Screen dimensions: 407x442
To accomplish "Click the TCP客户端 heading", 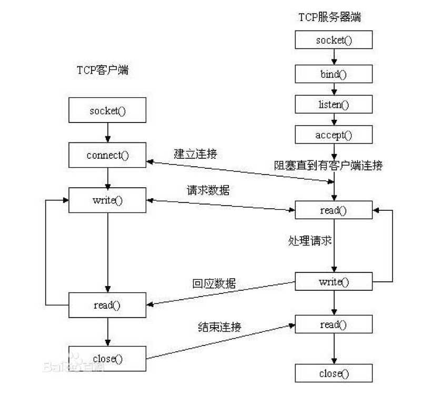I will (x=102, y=70).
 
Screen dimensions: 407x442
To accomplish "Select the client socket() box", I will (x=107, y=111).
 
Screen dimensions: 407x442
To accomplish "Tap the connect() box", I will (x=107, y=155).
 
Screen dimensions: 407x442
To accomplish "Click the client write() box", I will (x=107, y=201).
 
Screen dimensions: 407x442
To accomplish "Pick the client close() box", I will (x=107, y=359).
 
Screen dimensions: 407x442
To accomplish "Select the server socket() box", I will (x=333, y=40).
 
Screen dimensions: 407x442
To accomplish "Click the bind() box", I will (x=333, y=73).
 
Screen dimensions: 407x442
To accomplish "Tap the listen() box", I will (x=333, y=104).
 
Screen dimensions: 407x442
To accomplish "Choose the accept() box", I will (x=333, y=135).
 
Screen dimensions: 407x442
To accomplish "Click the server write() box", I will (x=333, y=281).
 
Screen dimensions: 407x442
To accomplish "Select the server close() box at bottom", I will (x=333, y=373).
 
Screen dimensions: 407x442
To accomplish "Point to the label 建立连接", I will (x=195, y=154).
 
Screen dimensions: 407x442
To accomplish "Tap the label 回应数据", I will (x=214, y=283).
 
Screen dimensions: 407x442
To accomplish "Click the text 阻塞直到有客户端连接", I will (x=328, y=166).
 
